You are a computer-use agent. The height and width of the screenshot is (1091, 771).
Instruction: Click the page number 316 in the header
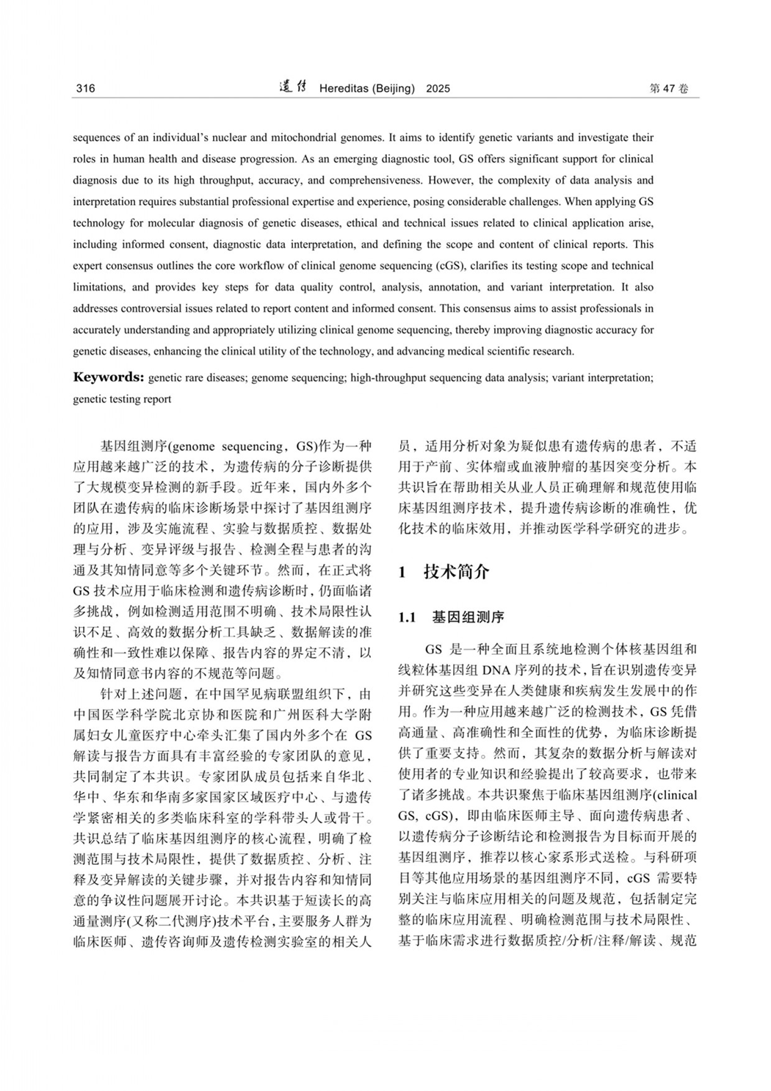click(x=85, y=89)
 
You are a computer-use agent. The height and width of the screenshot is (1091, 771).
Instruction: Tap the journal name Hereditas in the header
click(x=344, y=89)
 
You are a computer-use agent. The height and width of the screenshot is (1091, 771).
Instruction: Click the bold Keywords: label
click(x=108, y=377)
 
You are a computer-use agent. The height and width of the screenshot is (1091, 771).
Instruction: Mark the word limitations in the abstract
click(x=99, y=287)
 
